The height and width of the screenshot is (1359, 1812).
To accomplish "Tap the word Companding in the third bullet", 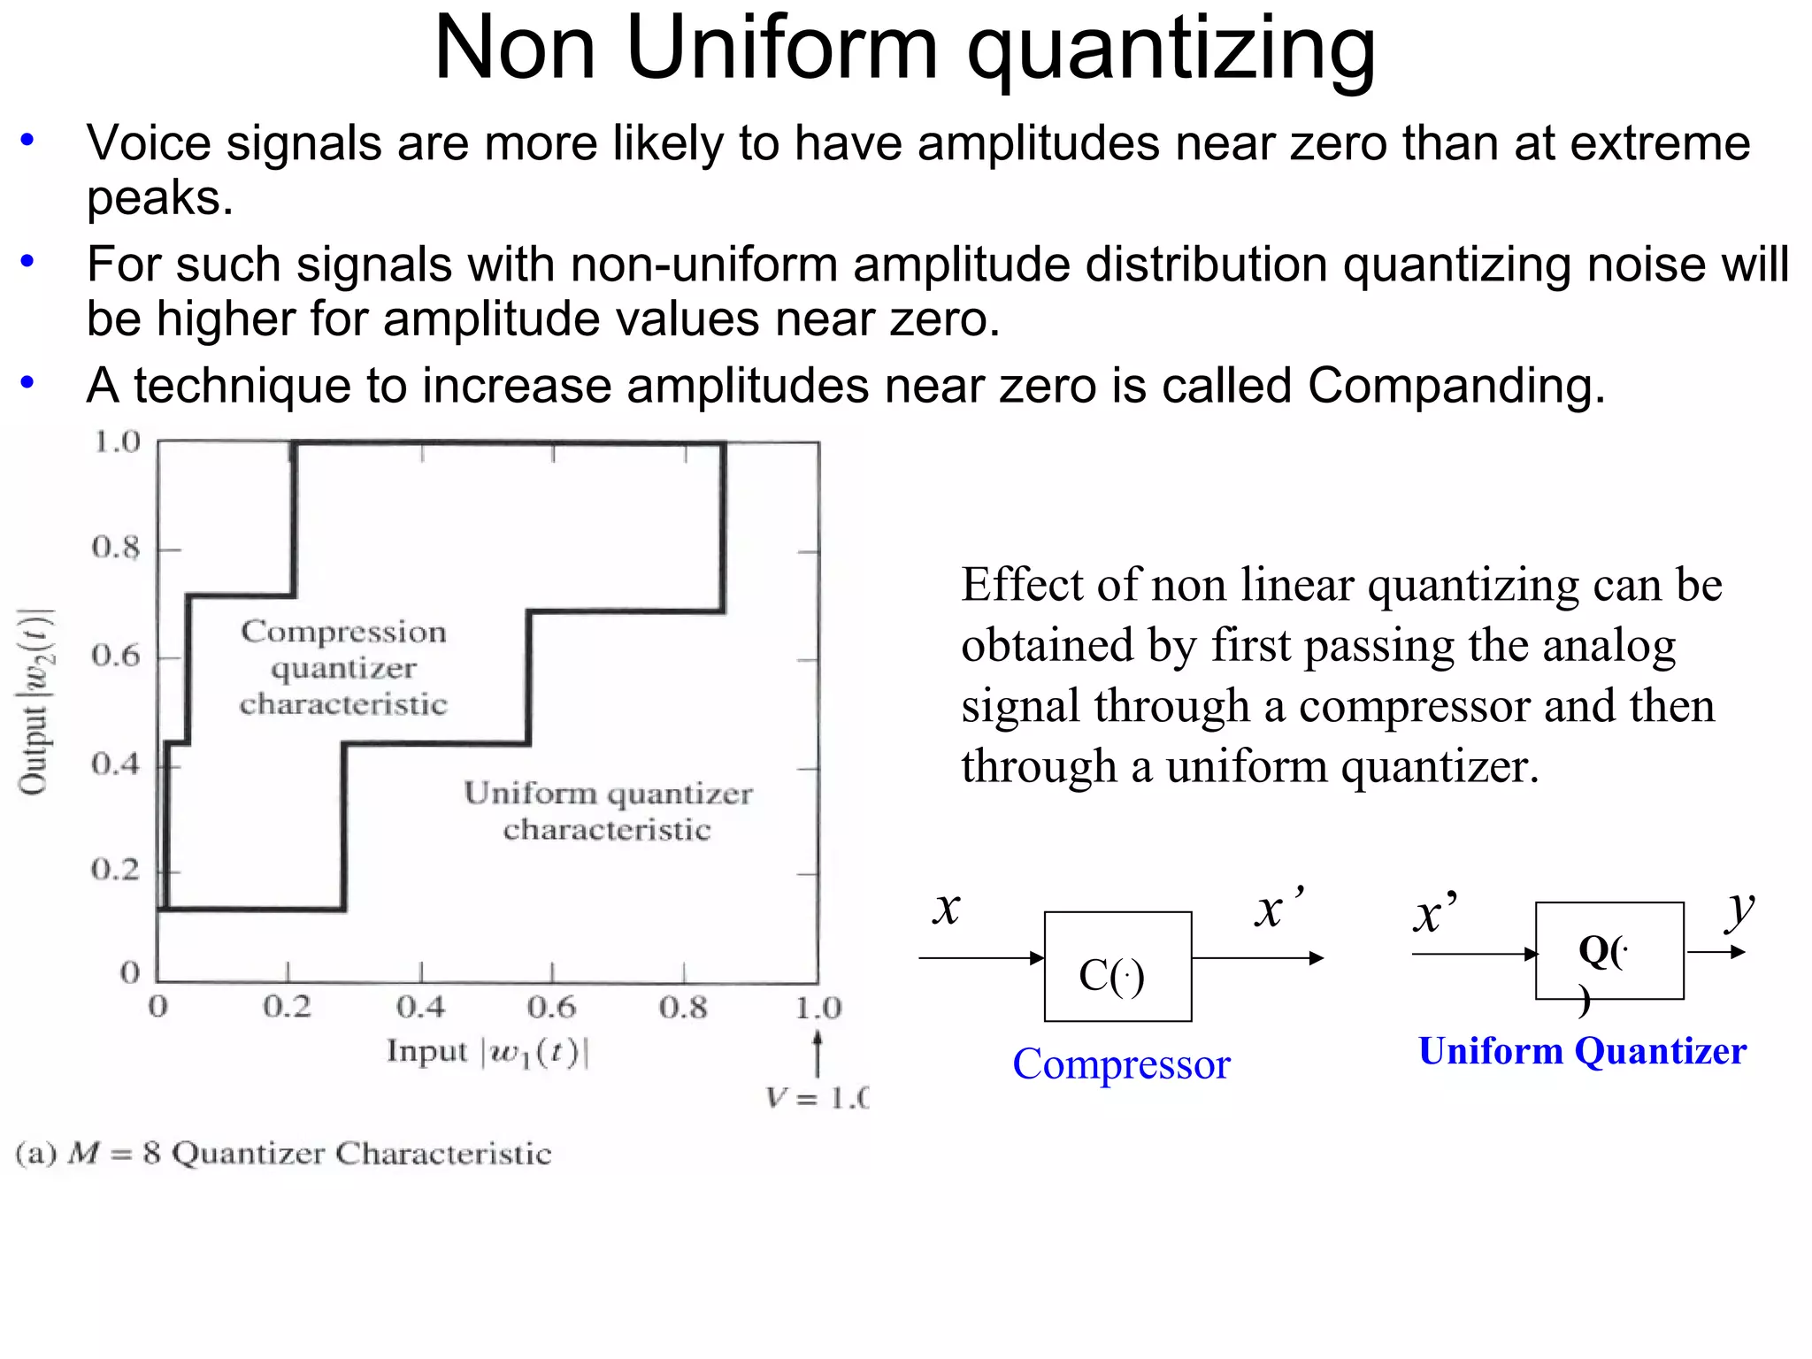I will tap(1455, 386).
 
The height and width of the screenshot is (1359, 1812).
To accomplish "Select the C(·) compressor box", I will tap(1117, 966).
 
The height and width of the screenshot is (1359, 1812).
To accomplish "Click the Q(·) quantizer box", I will tap(1609, 951).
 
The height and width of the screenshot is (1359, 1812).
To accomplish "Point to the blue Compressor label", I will tap(1121, 1063).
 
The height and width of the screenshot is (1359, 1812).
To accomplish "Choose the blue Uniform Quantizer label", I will tap(1582, 1051).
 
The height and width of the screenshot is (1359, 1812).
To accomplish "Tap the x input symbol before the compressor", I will tap(947, 909).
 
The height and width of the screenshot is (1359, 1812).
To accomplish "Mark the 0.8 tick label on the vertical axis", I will tap(116, 548).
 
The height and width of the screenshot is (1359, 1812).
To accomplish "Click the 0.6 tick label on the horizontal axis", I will tap(551, 1007).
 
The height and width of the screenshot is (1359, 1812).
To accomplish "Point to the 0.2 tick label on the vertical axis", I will tap(116, 870).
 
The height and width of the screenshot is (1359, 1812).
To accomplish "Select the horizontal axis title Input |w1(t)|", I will tap(488, 1052).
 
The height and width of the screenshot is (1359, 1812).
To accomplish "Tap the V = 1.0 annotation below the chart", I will tap(817, 1099).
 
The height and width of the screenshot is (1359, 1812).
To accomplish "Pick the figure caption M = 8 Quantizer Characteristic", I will tap(283, 1154).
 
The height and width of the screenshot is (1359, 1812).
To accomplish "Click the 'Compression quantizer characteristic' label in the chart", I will tap(343, 667).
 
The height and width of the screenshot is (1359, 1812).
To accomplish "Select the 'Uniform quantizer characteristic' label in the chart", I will tap(608, 810).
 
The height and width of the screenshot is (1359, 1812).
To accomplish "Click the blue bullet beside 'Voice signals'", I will tap(28, 140).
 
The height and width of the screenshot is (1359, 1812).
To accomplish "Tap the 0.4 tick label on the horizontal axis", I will tap(420, 1007).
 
